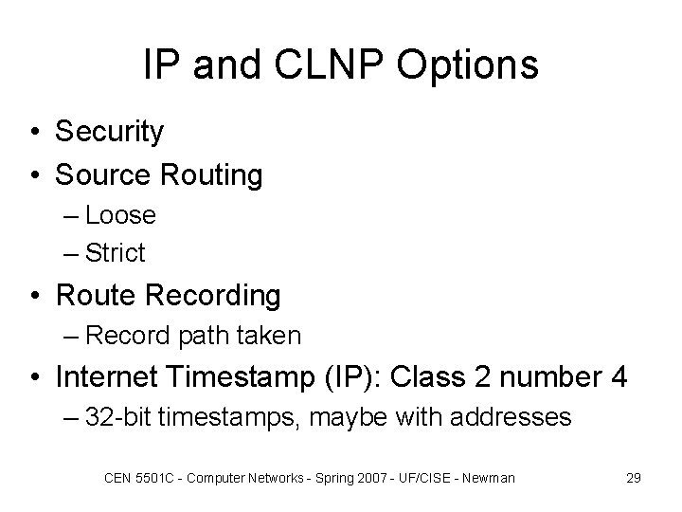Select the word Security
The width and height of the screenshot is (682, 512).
[109, 132]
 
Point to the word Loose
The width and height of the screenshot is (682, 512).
[120, 215]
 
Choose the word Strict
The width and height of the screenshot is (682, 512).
[116, 253]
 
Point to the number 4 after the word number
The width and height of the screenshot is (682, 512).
[619, 377]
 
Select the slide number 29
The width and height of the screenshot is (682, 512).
[634, 478]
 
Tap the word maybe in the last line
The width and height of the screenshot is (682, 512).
[358, 418]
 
